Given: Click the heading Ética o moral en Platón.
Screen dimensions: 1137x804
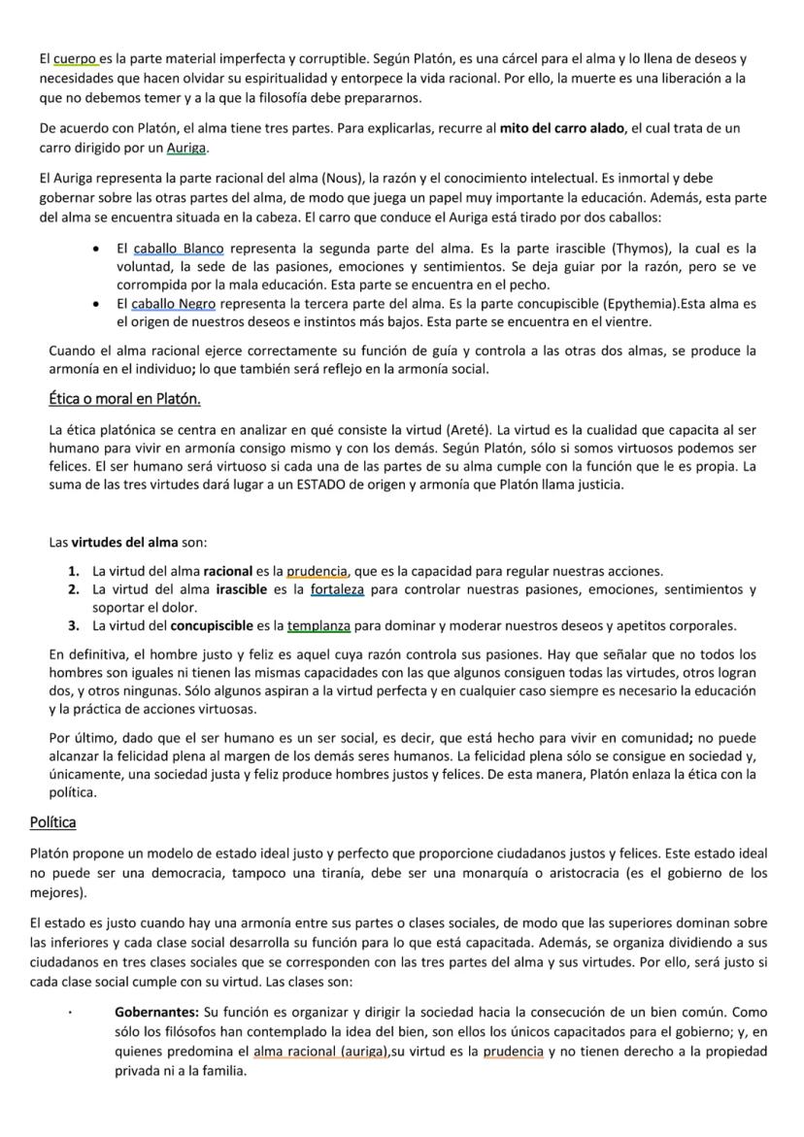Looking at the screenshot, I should point(124,399).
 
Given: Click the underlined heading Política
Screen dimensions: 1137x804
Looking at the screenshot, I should point(53,821).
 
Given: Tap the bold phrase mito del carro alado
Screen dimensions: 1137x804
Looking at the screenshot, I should point(561,128).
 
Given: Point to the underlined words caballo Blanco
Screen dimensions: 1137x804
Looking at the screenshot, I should point(179,249).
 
